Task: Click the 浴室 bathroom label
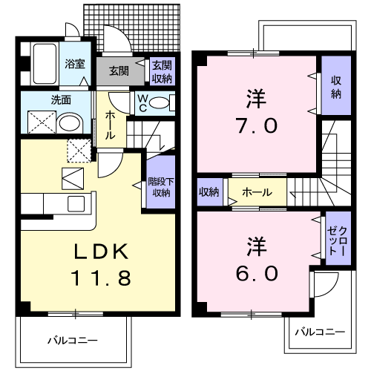coord(75,64)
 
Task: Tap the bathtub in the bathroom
coord(45,64)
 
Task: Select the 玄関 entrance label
coord(119,71)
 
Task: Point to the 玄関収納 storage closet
coord(162,71)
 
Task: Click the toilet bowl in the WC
coord(160,102)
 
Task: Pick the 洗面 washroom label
coord(61,100)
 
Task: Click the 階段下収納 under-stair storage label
coord(161,187)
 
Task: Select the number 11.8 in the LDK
coord(101,278)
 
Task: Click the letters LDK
coord(102,252)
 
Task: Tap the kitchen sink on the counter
coord(76,203)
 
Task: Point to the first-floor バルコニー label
coord(73,341)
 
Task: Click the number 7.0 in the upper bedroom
coord(257,125)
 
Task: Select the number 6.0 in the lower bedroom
coord(257,273)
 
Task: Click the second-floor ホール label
coord(257,192)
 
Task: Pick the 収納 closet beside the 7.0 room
coord(336,85)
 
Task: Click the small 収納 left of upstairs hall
coord(210,192)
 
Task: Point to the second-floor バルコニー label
coord(320,332)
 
